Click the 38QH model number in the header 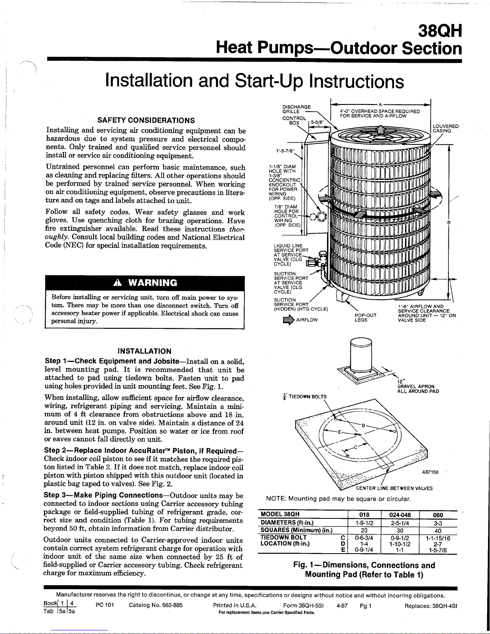click(x=440, y=31)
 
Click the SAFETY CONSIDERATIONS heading click(x=146, y=120)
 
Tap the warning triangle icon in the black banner click(x=118, y=282)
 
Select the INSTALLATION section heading click(x=144, y=351)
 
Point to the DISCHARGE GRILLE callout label click(x=296, y=109)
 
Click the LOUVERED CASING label click(x=446, y=128)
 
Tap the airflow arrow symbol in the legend click(x=288, y=320)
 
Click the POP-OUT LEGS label click(x=366, y=318)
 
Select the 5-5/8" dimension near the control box click(x=317, y=122)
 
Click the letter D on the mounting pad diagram click(x=364, y=426)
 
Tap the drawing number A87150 click(x=430, y=472)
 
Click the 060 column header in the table click(x=438, y=515)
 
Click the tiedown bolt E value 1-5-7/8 click(x=438, y=550)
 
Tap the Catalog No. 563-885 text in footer click(x=156, y=605)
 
